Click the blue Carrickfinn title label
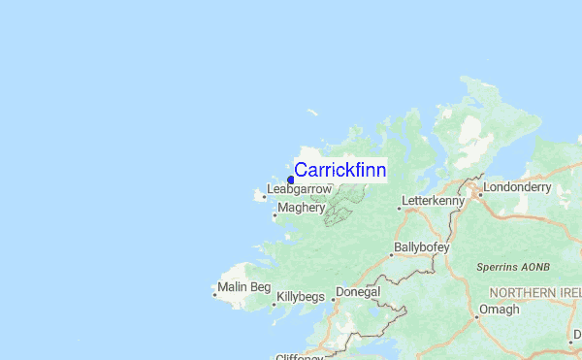(339, 171)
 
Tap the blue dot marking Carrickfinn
(291, 180)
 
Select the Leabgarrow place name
(299, 189)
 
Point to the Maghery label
(301, 208)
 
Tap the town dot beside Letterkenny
(400, 207)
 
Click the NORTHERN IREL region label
(535, 292)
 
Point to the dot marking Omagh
(477, 315)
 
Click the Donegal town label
(358, 292)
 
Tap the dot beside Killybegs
(274, 301)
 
